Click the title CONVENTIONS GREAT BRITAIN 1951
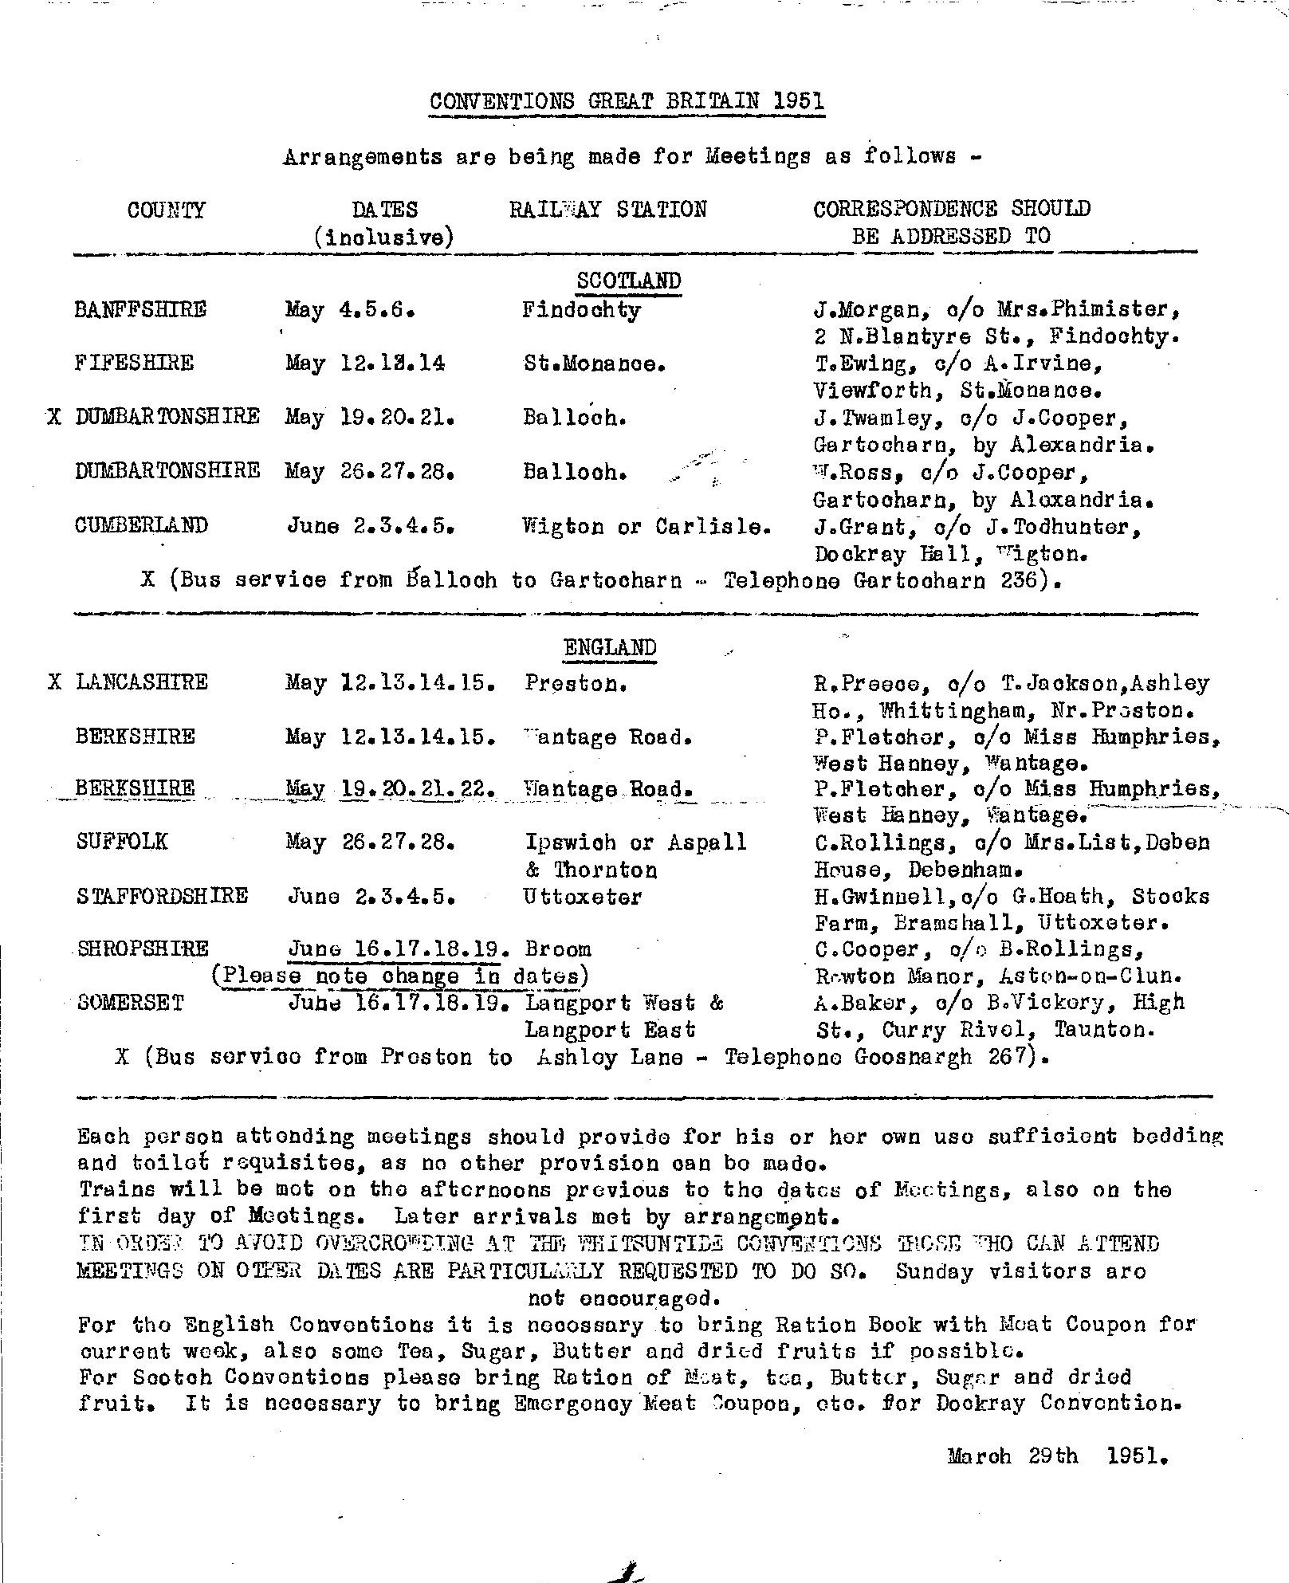[626, 102]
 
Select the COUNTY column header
[166, 210]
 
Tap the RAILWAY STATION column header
[607, 210]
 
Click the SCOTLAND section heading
[628, 281]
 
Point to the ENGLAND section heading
[610, 648]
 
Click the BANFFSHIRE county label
[140, 310]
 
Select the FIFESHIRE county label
[134, 363]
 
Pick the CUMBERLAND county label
[142, 526]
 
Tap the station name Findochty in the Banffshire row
[581, 310]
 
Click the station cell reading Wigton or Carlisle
[646, 527]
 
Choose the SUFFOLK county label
[122, 843]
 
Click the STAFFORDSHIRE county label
[163, 897]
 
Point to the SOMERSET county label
[130, 1003]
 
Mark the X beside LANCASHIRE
[54, 682]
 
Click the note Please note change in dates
[400, 976]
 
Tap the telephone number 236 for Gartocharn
[1021, 580]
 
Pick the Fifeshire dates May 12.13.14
[365, 363]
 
